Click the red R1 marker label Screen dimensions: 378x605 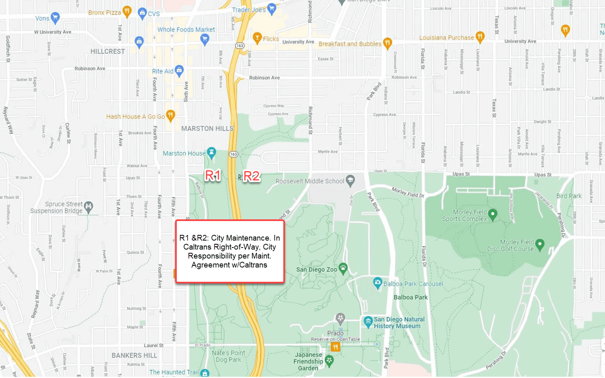[x=212, y=175]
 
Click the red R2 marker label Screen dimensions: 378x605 [x=251, y=176]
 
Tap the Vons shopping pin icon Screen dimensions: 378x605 [x=55, y=18]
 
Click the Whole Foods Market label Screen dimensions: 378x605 [x=186, y=30]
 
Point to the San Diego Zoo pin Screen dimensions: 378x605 [x=343, y=268]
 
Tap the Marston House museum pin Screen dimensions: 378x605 [x=211, y=153]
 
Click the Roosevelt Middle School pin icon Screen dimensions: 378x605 [x=350, y=180]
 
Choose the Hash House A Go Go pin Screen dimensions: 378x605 [x=171, y=115]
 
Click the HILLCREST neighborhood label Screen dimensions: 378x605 [x=108, y=51]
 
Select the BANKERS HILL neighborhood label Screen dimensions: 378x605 [x=134, y=356]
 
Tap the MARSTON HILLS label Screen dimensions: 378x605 [x=207, y=129]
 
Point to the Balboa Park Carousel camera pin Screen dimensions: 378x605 [x=378, y=283]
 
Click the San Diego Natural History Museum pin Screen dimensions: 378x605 [x=368, y=321]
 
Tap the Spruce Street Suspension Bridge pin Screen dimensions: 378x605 [x=89, y=206]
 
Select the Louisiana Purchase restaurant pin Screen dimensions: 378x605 [x=480, y=37]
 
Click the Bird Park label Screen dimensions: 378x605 [x=569, y=196]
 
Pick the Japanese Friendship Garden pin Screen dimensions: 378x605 [x=329, y=360]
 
